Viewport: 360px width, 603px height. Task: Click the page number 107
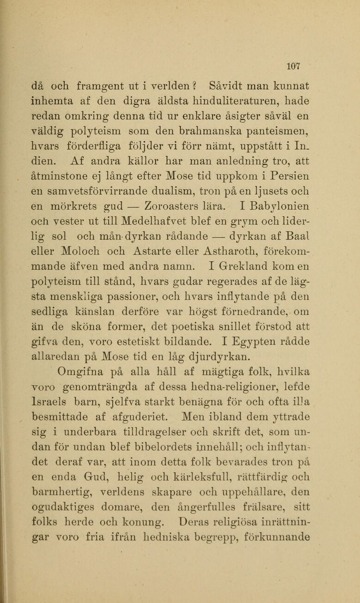(293, 66)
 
